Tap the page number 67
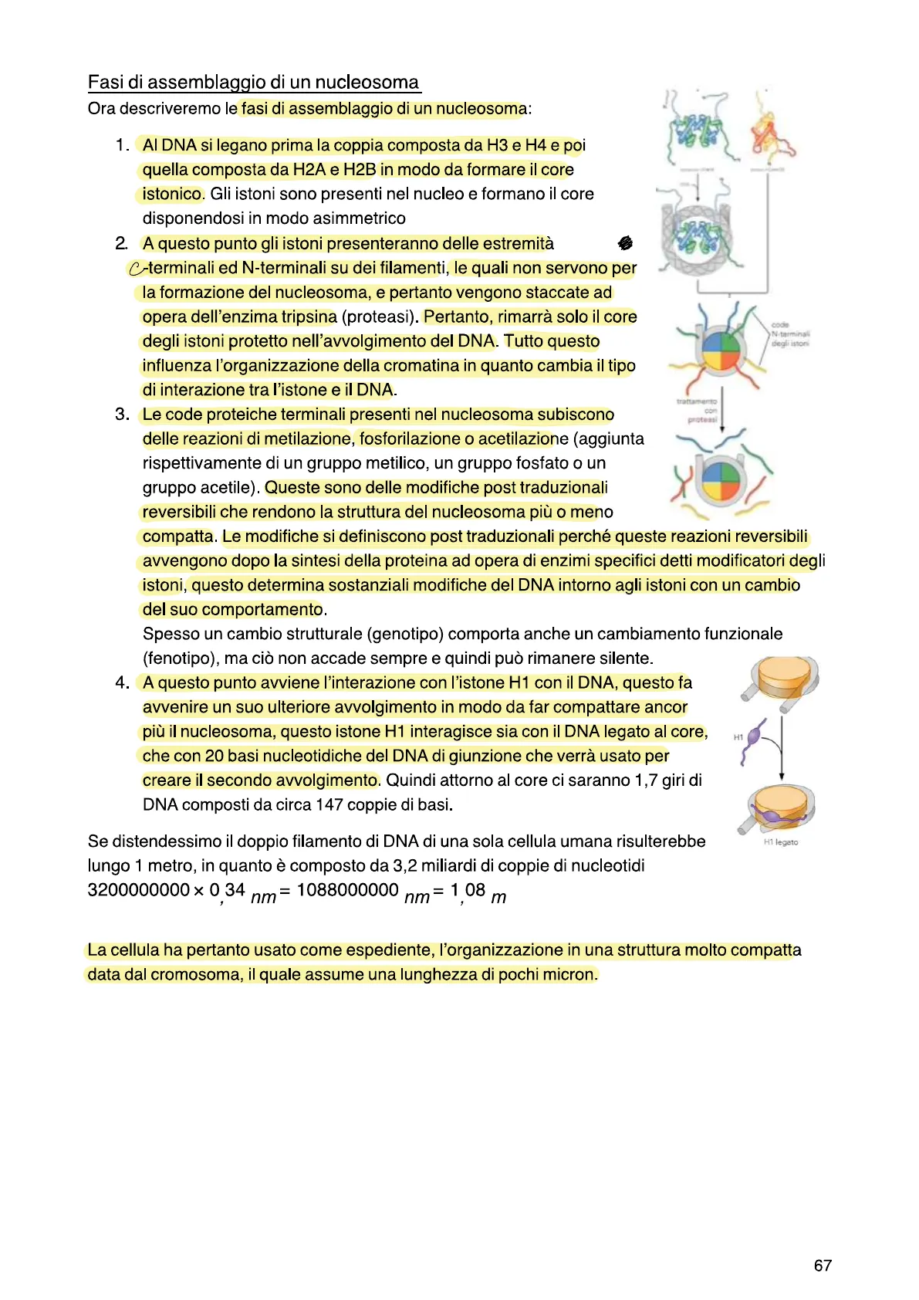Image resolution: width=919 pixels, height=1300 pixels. tap(823, 1265)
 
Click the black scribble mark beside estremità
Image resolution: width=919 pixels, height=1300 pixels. tap(625, 243)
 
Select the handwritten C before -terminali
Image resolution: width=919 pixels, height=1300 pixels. tap(136, 269)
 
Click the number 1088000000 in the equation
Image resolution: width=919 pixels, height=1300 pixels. tap(347, 890)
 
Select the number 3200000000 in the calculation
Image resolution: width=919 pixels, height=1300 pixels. tap(139, 890)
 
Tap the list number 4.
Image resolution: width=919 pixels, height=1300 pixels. tap(121, 682)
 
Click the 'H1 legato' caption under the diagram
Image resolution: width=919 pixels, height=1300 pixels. tap(781, 842)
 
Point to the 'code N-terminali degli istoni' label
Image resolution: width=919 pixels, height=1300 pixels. tap(789, 334)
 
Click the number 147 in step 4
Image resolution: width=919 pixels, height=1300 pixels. tap(329, 804)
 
